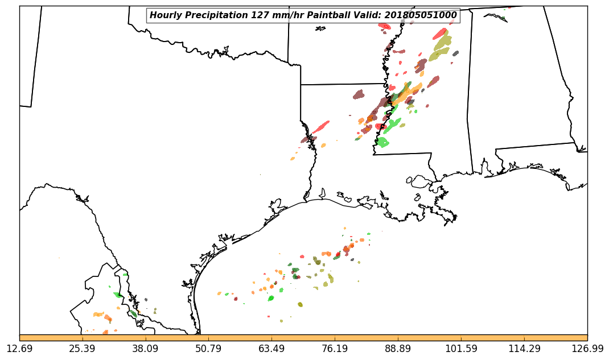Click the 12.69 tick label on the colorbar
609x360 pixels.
click(x=19, y=348)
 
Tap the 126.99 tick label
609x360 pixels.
click(x=587, y=348)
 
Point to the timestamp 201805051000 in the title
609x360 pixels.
click(x=422, y=15)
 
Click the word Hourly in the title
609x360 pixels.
click(x=165, y=15)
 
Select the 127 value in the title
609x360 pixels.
click(x=260, y=15)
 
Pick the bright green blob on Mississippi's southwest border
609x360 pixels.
click(x=382, y=142)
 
